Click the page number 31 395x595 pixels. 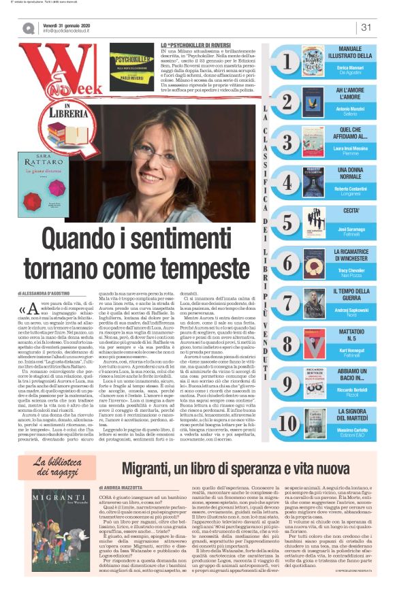pyautogui.click(x=366, y=27)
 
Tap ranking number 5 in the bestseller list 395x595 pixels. pyautogui.click(x=287, y=222)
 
